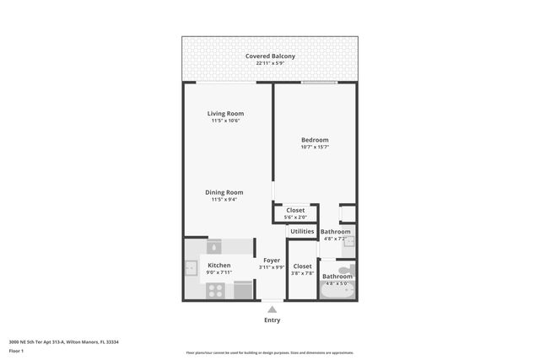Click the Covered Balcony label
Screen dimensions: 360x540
269,56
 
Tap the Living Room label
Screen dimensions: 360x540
226,114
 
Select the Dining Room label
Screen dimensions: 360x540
224,192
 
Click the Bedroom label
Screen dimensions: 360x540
315,140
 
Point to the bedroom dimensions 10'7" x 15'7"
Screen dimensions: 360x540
315,148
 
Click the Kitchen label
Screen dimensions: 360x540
219,266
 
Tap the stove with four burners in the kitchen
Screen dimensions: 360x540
215,290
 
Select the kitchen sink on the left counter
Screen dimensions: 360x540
191,270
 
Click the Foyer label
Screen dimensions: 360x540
272,261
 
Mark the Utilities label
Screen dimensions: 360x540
302,231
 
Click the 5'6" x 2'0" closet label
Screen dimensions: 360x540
295,218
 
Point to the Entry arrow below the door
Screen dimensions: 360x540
272,309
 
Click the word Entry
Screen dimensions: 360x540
272,320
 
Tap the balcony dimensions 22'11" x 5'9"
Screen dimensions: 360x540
269,64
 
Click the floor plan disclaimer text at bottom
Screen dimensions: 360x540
269,353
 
